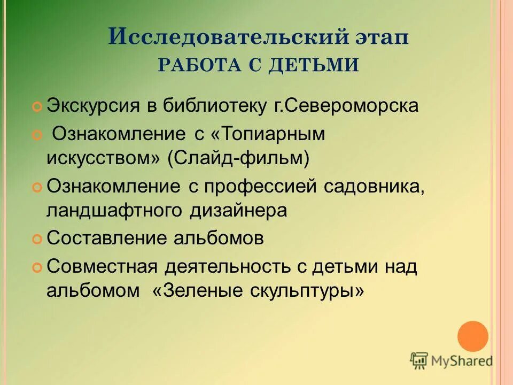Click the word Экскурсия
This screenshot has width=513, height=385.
[93, 106]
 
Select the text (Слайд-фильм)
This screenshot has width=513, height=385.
[238, 158]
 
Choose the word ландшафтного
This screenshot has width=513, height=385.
[114, 210]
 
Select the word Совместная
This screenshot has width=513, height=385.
[103, 266]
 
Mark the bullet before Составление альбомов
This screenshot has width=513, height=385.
[37, 239]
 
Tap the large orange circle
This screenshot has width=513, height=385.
[473, 336]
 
